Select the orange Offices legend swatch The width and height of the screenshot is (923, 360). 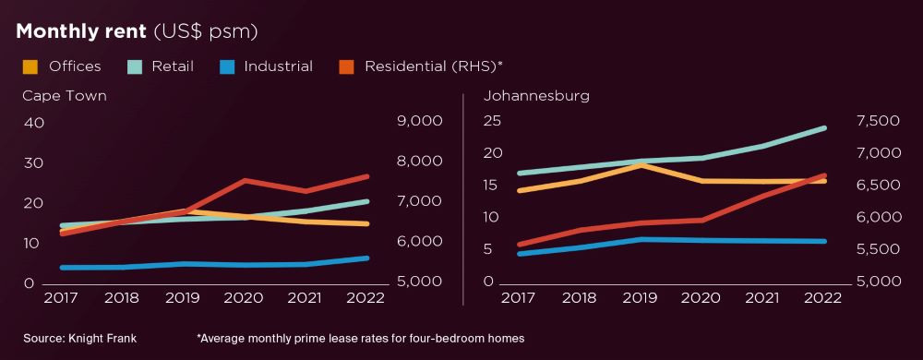tap(30, 66)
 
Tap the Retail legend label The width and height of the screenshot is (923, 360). tap(173, 66)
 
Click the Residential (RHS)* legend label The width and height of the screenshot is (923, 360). tap(433, 66)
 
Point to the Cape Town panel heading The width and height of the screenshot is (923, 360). tap(64, 95)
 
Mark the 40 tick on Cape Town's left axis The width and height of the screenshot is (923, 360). tap(34, 123)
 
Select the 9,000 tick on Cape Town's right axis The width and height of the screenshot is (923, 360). tap(420, 122)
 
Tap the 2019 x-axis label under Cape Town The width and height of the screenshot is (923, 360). tap(184, 298)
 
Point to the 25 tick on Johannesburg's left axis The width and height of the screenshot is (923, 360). tap(492, 121)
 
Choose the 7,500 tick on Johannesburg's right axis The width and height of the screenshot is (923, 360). tap(878, 121)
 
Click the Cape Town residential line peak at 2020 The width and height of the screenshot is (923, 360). tap(245, 180)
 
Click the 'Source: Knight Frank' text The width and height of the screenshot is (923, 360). tap(79, 339)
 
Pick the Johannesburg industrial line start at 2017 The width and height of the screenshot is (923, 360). tap(521, 253)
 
